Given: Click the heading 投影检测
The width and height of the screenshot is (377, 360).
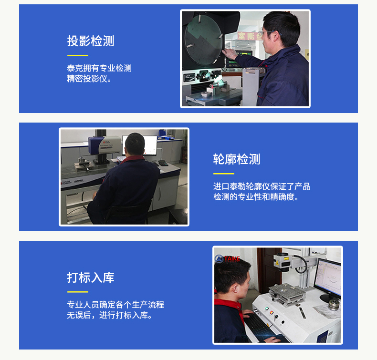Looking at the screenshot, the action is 91,41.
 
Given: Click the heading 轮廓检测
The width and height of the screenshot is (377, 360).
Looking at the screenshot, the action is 237,159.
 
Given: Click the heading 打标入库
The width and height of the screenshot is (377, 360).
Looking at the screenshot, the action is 91,278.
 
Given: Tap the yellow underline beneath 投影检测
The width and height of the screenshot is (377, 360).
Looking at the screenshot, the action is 78,55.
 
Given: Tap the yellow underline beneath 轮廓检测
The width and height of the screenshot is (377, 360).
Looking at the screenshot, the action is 224,174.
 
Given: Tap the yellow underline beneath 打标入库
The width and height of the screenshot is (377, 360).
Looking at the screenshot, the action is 78,292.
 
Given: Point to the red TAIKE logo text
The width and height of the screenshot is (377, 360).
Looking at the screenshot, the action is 232,258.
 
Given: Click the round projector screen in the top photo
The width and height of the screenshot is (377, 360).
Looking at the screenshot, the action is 204,40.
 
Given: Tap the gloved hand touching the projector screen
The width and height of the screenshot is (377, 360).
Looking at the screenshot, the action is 229,54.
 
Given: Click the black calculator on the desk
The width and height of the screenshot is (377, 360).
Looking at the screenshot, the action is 163,163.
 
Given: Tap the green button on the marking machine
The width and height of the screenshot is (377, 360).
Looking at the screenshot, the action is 267,309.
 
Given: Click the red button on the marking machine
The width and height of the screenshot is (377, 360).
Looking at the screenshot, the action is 272,312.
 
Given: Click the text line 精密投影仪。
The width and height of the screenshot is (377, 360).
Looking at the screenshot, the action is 89,79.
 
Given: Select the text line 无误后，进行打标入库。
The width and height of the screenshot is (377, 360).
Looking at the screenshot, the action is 109,315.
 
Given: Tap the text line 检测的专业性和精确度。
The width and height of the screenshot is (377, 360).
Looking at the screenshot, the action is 256,197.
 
